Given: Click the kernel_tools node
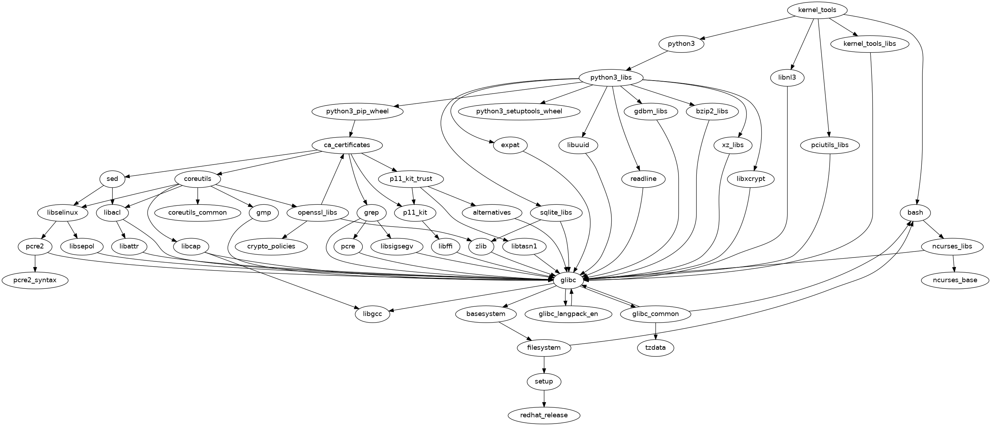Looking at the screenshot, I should [817, 10].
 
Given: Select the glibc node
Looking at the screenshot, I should [568, 280].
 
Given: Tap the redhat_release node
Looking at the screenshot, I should [543, 415].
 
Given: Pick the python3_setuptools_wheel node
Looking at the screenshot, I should [519, 112].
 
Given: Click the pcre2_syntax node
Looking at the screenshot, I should [35, 280].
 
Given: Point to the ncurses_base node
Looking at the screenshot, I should [955, 280].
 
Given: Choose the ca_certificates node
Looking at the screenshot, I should [347, 145].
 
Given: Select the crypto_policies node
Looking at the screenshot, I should [271, 246].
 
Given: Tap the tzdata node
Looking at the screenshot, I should [656, 348].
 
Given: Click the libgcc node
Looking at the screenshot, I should [372, 314].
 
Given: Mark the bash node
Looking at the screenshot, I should [915, 213].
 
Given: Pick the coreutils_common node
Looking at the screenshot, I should [197, 213].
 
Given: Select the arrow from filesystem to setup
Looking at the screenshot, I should [543, 364].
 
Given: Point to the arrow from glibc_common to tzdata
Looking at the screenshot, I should [656, 331].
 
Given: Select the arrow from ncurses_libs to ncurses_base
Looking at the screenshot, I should [954, 263].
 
